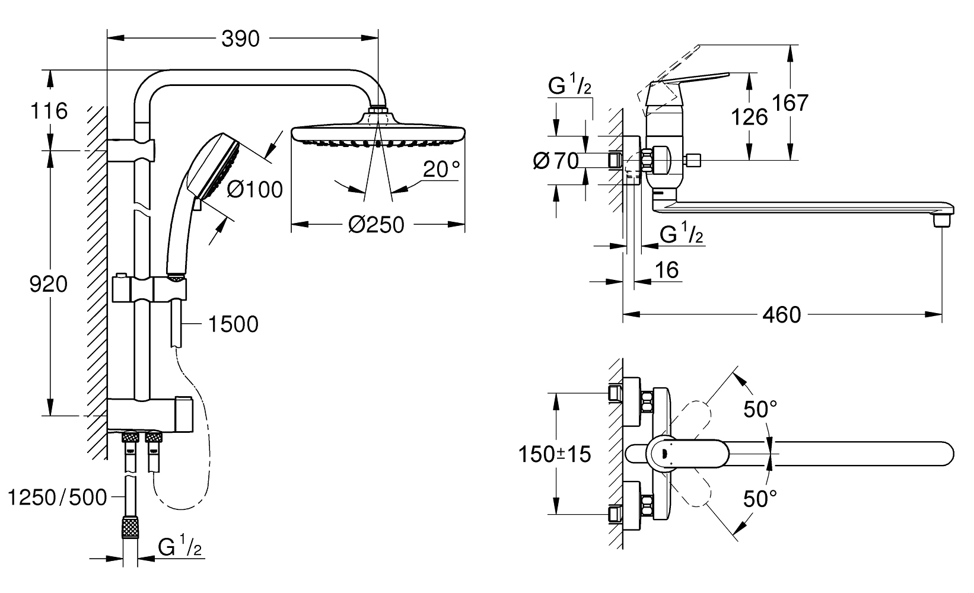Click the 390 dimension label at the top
pos(240,39)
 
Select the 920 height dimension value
pos(48,284)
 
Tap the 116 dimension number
pos(49,111)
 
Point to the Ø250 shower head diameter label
pos(376,225)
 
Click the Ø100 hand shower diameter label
pos(255,190)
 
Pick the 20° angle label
pos(441,169)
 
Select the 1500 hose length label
pos(234,324)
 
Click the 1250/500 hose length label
pos(58,498)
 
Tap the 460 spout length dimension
pos(781,315)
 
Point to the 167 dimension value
pos(790,103)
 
